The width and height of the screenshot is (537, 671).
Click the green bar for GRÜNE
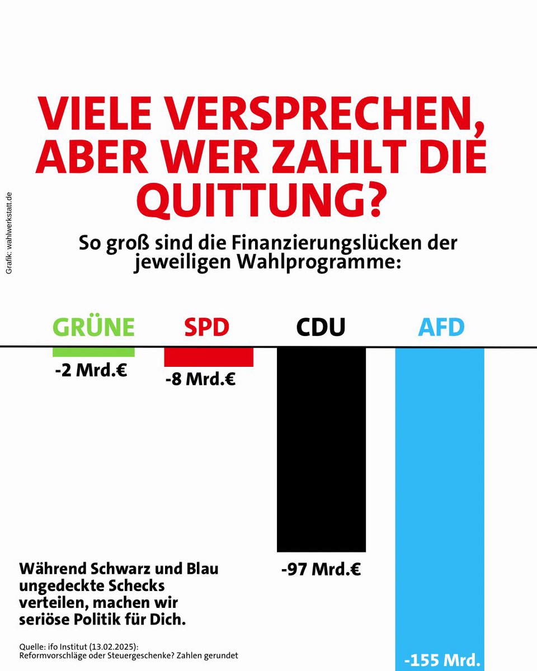point(93,352)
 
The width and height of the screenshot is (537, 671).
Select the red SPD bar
point(208,357)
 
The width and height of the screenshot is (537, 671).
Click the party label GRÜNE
point(93,327)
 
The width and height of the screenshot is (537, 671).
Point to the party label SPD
point(206,327)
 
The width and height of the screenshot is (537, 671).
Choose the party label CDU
point(321,327)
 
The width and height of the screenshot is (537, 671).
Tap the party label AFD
point(441,327)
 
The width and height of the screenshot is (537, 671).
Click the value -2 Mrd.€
point(91,370)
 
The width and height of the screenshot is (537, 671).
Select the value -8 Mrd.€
point(200,380)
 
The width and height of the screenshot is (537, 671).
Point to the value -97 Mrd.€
point(321,570)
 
